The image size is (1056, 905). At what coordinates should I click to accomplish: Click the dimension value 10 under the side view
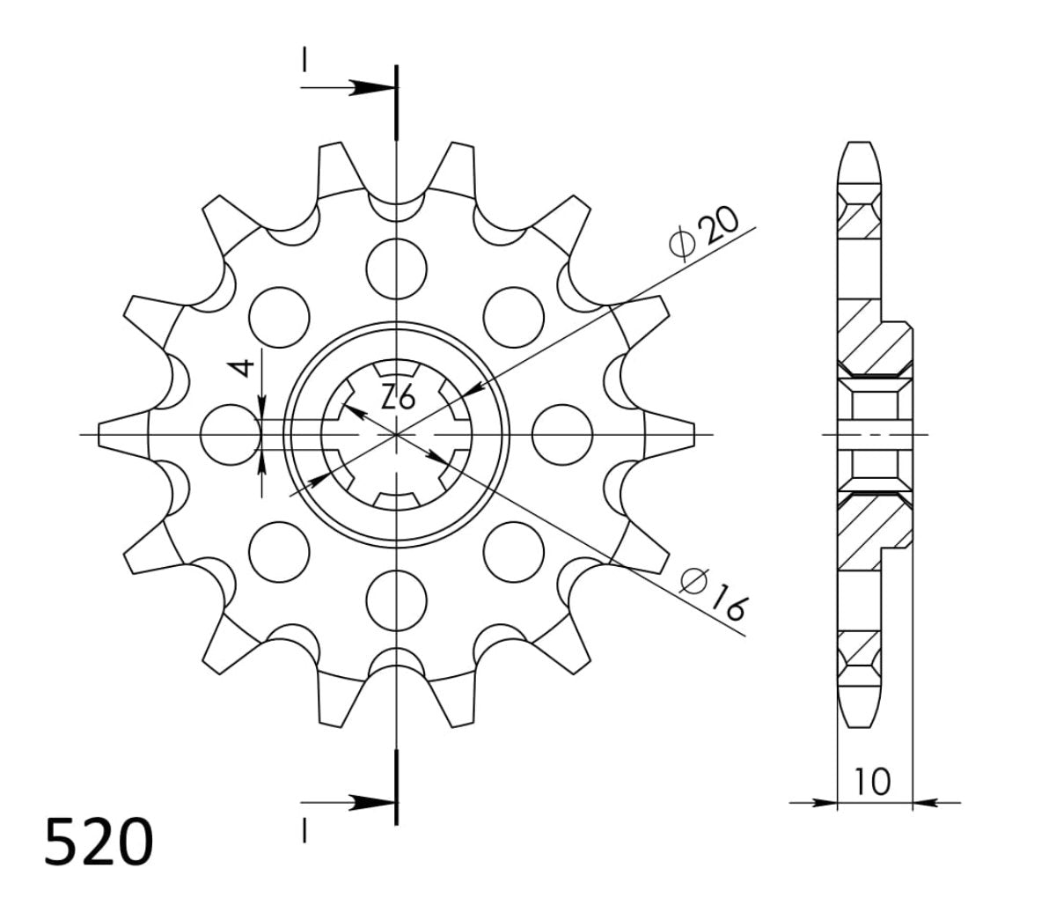[x=872, y=780]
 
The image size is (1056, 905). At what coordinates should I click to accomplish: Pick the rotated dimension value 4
[x=247, y=367]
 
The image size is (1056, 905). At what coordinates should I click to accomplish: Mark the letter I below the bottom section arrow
[x=304, y=830]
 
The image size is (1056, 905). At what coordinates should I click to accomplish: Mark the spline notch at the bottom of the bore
[x=397, y=501]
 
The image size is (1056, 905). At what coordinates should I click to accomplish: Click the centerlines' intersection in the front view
[x=397, y=434]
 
